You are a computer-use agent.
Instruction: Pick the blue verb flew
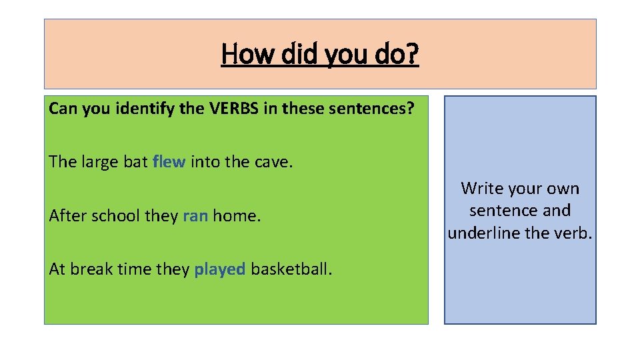point(169,162)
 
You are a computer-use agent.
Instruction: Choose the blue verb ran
point(195,215)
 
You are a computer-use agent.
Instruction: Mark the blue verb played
point(220,269)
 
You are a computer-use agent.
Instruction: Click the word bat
point(135,162)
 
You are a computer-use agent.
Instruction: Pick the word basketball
point(291,269)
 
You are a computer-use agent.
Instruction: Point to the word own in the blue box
point(564,189)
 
